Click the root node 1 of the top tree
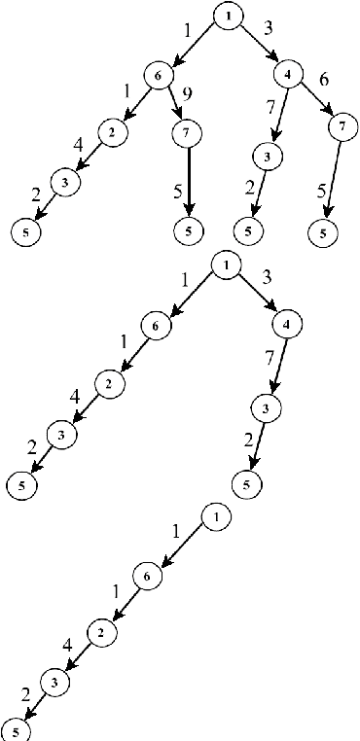pyautogui.click(x=227, y=18)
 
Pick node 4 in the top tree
pyautogui.click(x=289, y=74)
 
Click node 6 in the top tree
pyautogui.click(x=156, y=74)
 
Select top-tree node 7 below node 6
pyautogui.click(x=186, y=130)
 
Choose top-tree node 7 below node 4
pyautogui.click(x=339, y=126)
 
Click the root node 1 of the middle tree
pyautogui.click(x=225, y=265)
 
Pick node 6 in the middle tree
pyautogui.click(x=155, y=326)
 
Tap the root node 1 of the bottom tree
pyautogui.click(x=215, y=516)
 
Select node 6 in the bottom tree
pyautogui.click(x=145, y=577)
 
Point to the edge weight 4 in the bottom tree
pyautogui.click(x=67, y=643)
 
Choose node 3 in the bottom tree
pyautogui.click(x=54, y=683)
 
